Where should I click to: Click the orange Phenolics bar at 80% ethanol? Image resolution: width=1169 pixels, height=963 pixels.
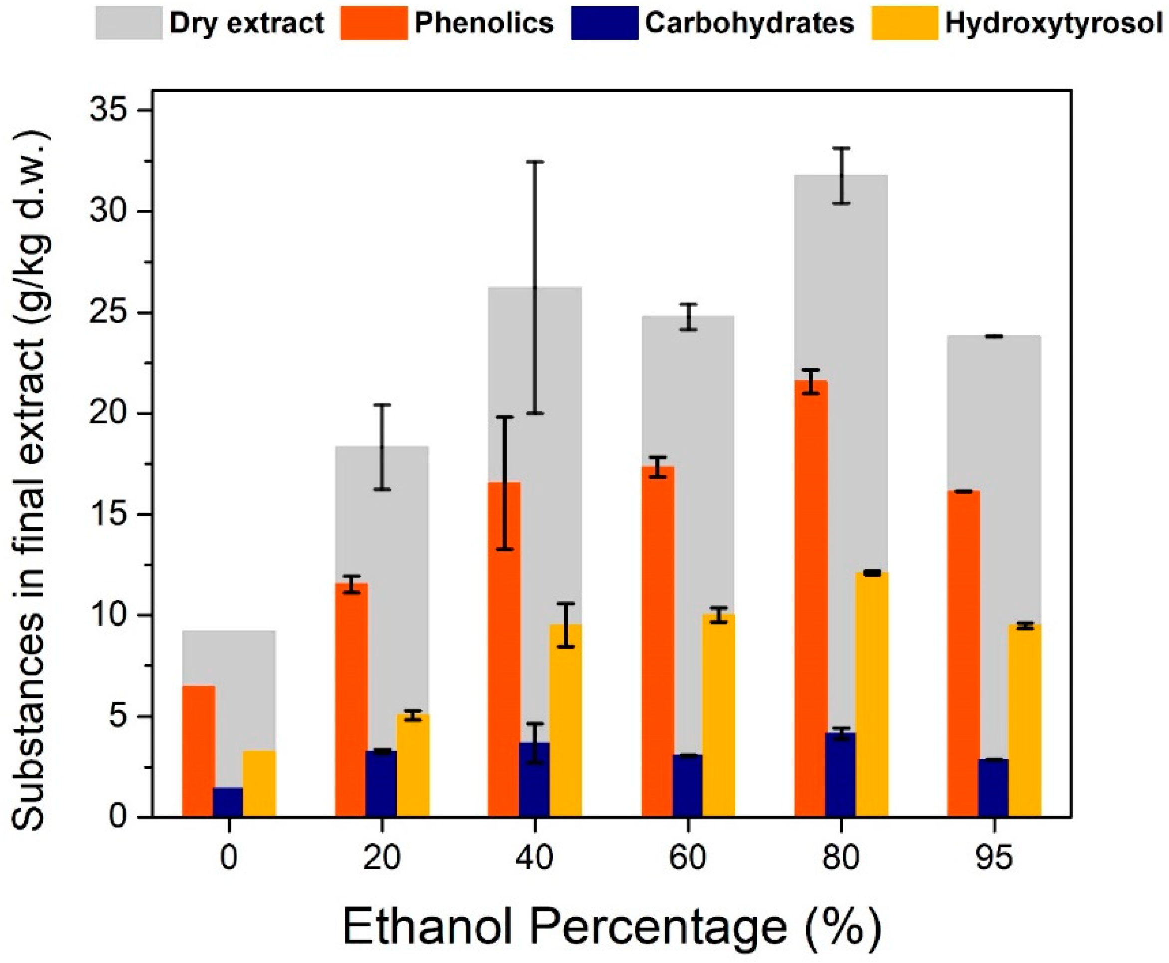[x=811, y=599]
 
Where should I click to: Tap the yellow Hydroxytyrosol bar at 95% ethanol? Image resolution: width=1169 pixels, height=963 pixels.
[x=1024, y=721]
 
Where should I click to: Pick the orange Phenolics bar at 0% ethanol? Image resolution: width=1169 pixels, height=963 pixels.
[x=198, y=752]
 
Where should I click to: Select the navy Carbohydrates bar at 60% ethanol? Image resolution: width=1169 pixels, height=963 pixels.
[x=688, y=785]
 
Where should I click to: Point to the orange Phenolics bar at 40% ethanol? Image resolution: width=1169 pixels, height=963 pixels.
[x=504, y=649]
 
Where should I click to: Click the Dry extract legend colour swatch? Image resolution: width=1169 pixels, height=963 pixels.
[x=129, y=23]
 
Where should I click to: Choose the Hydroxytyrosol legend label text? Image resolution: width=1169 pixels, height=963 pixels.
[x=1054, y=23]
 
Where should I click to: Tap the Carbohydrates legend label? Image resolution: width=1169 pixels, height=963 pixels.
[x=749, y=23]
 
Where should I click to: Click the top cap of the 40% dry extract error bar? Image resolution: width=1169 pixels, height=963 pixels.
[x=535, y=162]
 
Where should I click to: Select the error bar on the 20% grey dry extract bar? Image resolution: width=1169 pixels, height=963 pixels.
[x=382, y=447]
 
